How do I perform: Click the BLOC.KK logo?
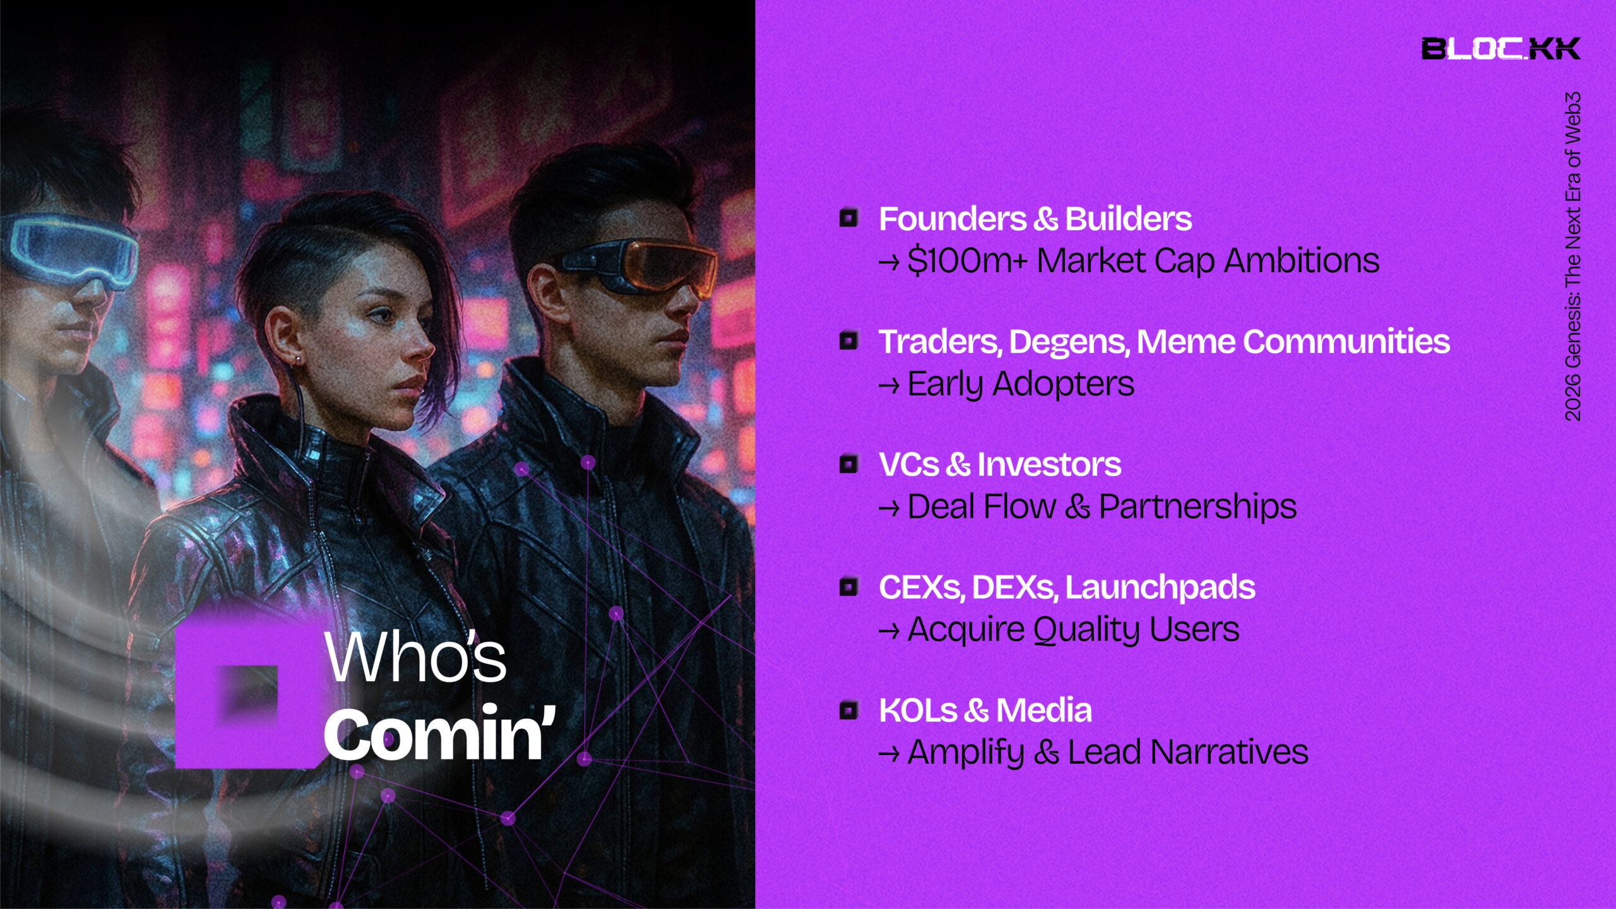tap(1500, 49)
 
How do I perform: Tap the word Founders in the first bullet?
tap(953, 219)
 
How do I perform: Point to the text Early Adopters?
tap(1021, 384)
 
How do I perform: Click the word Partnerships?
tap(1197, 506)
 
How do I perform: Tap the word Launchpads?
tap(1160, 588)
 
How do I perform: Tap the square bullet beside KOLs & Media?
tap(849, 710)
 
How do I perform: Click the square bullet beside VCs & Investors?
tap(849, 464)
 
